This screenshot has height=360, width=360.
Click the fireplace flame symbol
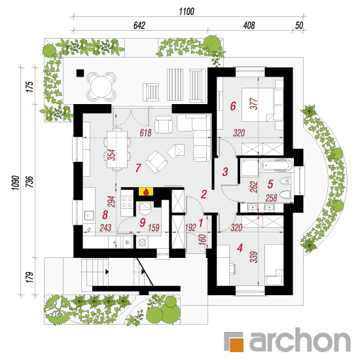pyautogui.click(x=145, y=192)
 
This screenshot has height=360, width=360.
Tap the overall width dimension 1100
pyautogui.click(x=187, y=11)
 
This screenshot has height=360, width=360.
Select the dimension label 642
pyautogui.click(x=139, y=26)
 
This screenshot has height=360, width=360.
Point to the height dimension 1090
pyautogui.click(x=16, y=183)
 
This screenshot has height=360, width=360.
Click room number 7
pyautogui.click(x=137, y=168)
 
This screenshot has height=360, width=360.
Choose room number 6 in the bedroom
pyautogui.click(x=233, y=106)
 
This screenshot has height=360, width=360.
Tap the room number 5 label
pyautogui.click(x=270, y=184)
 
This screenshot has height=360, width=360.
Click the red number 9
pyautogui.click(x=142, y=223)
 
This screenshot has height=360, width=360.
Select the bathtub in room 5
pyautogui.click(x=277, y=166)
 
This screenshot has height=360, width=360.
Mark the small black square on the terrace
pyautogui.click(x=80, y=73)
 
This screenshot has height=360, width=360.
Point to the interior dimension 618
pyautogui.click(x=145, y=133)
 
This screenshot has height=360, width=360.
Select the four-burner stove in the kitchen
pyautogui.click(x=127, y=202)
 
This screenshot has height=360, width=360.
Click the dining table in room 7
pyautogui.click(x=117, y=149)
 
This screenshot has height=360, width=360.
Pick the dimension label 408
pyautogui.click(x=249, y=26)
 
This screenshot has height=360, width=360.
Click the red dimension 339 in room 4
pyautogui.click(x=254, y=257)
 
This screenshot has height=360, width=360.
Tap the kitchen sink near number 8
pyautogui.click(x=88, y=215)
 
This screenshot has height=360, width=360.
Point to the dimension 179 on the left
pyautogui.click(x=29, y=277)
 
